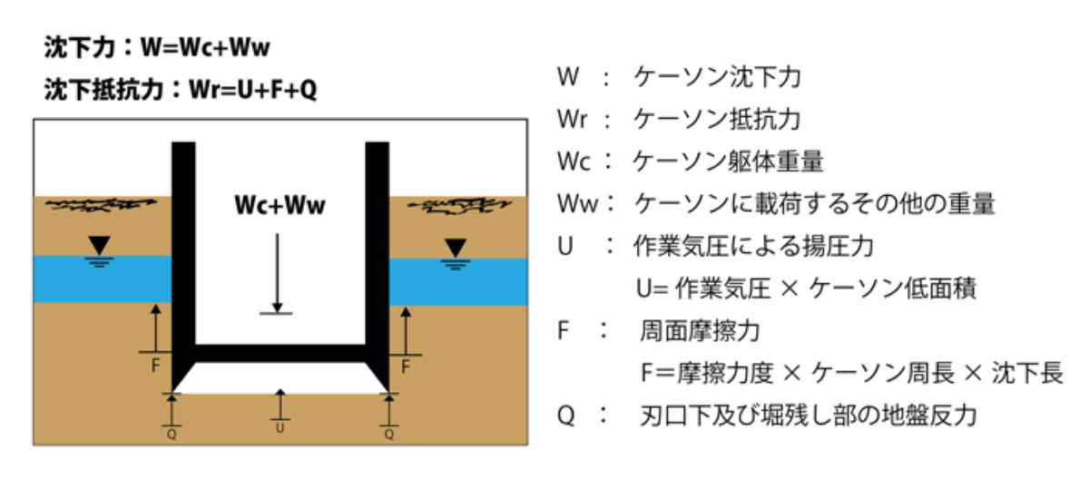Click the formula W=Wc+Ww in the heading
pyautogui.click(x=206, y=46)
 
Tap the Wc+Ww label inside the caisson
pyautogui.click(x=278, y=207)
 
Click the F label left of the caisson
pyautogui.click(x=155, y=367)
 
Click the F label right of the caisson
pyautogui.click(x=405, y=367)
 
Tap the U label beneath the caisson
pyautogui.click(x=280, y=427)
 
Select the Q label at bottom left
pyautogui.click(x=172, y=434)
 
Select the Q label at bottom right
pyautogui.click(x=389, y=434)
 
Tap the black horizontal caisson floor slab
pyautogui.click(x=280, y=353)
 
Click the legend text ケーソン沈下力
pyautogui.click(x=717, y=76)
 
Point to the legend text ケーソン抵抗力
pyautogui.click(x=717, y=119)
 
